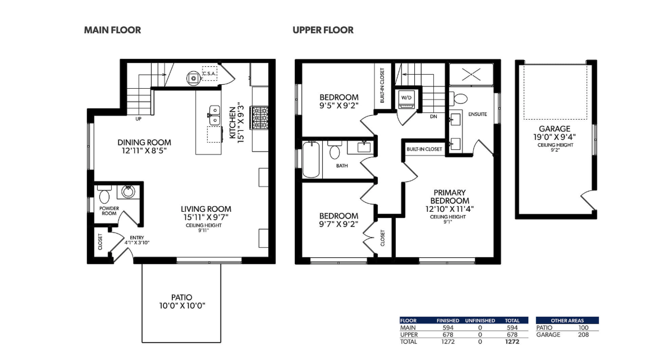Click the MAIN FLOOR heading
[112, 30]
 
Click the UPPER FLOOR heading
[323, 30]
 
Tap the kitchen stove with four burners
[260, 118]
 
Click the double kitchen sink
[214, 115]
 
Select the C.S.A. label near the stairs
[209, 74]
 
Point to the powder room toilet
[104, 194]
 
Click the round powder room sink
[128, 192]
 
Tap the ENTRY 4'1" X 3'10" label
[137, 240]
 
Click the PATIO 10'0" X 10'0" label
[182, 302]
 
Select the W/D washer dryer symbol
[406, 99]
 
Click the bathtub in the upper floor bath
[311, 160]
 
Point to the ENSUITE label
[478, 114]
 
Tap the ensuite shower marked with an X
[471, 75]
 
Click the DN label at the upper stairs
[433, 116]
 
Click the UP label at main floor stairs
[138, 119]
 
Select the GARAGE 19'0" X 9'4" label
[555, 133]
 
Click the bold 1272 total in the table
[512, 341]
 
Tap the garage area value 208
[583, 335]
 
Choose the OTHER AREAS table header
[568, 321]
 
